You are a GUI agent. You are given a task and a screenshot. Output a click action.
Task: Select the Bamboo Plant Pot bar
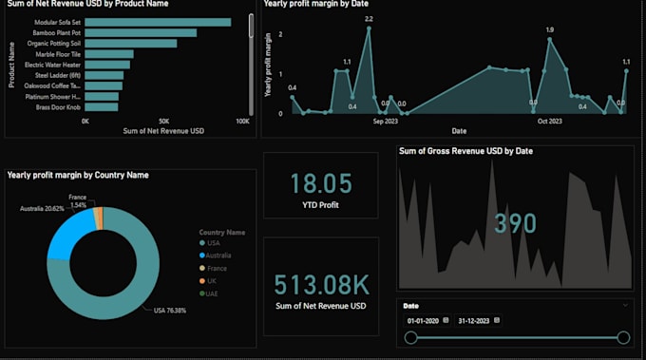tap(142, 32)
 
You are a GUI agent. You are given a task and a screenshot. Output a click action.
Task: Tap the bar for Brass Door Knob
tap(101, 107)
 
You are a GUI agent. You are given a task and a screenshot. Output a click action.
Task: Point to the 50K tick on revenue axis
tap(163, 122)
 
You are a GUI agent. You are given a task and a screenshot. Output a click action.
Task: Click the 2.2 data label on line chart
tap(369, 19)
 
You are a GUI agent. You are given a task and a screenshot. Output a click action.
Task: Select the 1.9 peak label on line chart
tap(549, 29)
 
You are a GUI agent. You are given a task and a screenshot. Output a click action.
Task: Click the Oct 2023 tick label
tap(550, 122)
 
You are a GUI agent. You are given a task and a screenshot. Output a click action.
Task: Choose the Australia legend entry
tap(219, 256)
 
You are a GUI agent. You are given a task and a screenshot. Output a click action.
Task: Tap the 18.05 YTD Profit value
tap(321, 183)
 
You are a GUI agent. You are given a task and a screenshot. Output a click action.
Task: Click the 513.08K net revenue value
tap(321, 284)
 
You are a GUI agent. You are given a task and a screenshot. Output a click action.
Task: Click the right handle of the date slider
tap(623, 337)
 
